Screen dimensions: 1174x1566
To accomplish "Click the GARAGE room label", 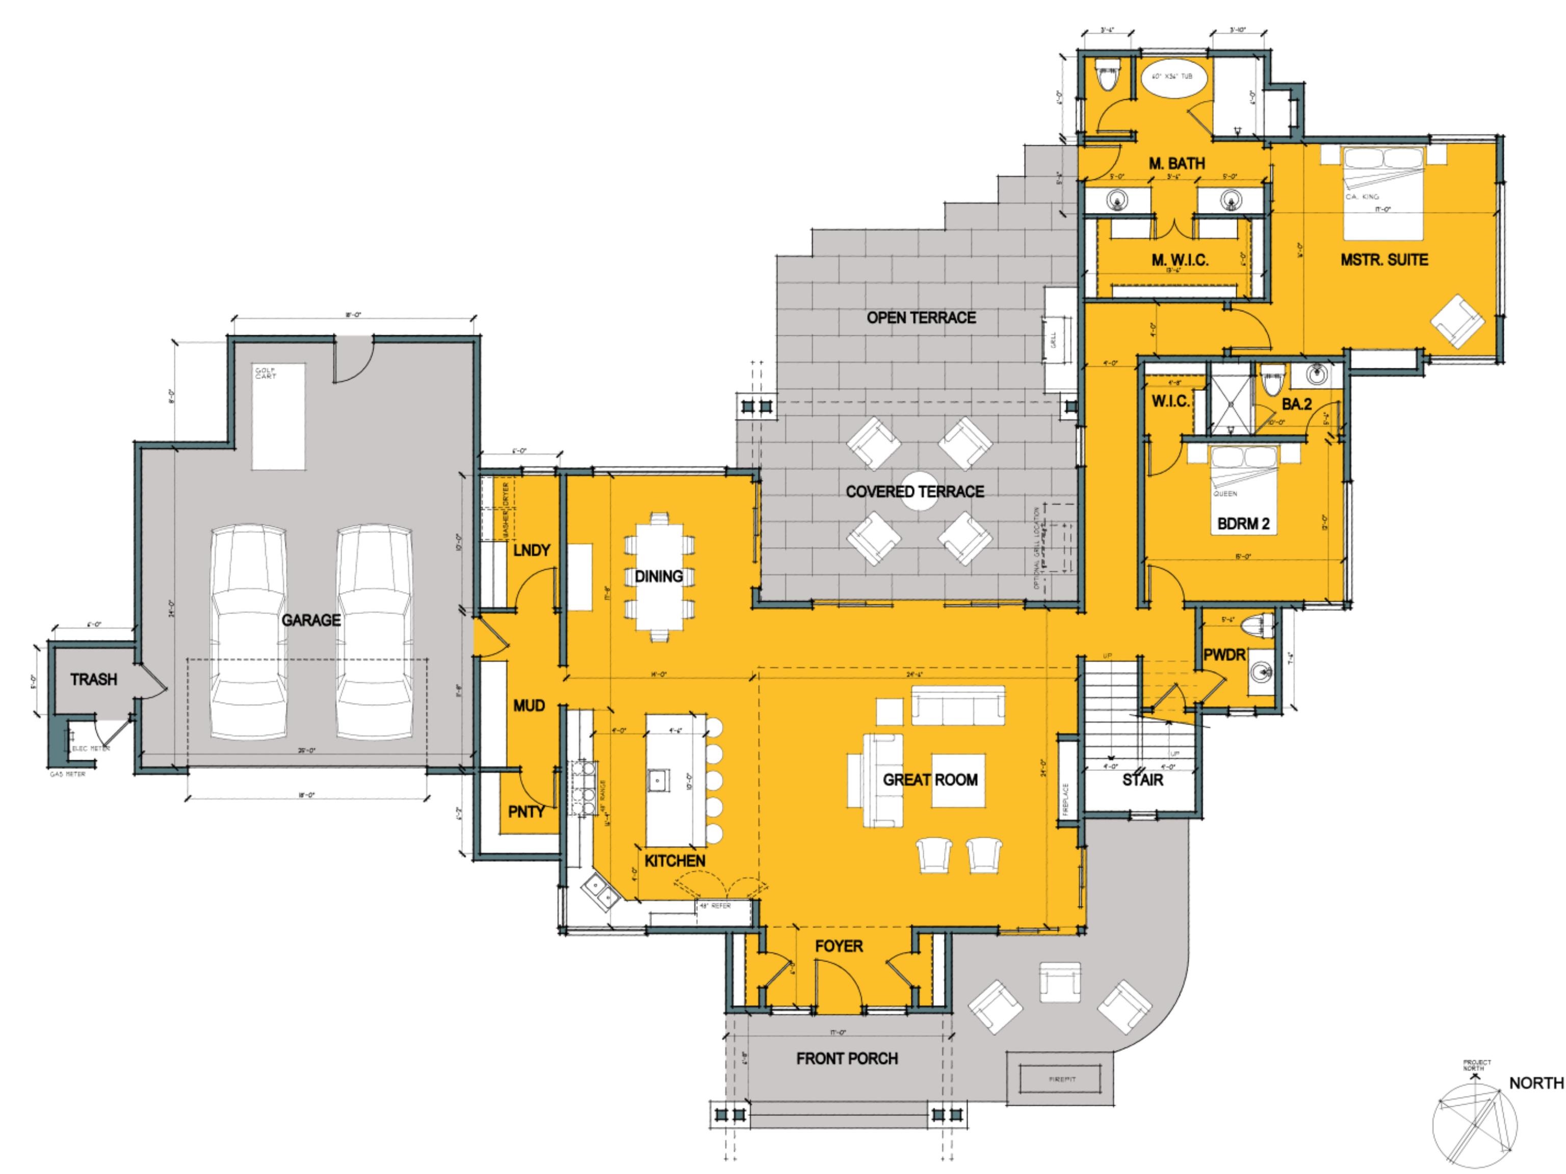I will pyautogui.click(x=311, y=620).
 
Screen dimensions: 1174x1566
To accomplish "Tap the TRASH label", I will pyautogui.click(x=93, y=679).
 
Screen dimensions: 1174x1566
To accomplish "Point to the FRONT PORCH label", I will pyautogui.click(x=847, y=1059).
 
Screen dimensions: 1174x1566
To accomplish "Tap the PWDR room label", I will pyautogui.click(x=1224, y=656).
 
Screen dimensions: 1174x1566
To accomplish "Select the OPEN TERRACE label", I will pyautogui.click(x=921, y=318).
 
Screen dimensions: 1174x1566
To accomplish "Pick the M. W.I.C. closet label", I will pyautogui.click(x=1180, y=260).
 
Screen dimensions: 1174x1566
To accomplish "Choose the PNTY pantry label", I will pyautogui.click(x=526, y=812).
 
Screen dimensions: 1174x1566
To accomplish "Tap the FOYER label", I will pyautogui.click(x=839, y=946).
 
